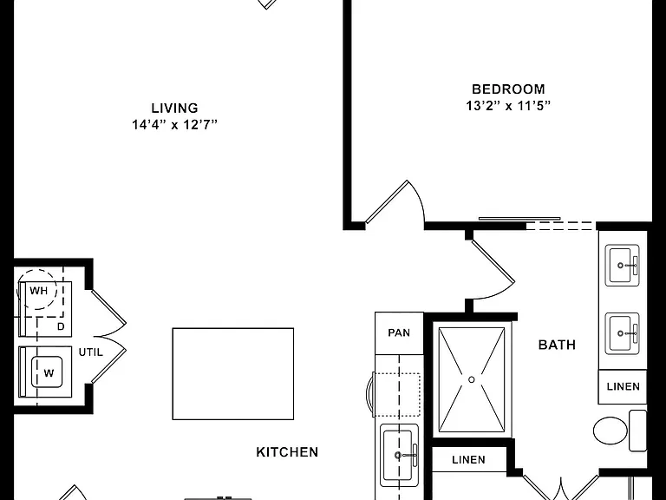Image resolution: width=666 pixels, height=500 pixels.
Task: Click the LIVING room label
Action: tap(174, 108)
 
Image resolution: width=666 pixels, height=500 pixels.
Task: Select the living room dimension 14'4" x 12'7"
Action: tap(174, 125)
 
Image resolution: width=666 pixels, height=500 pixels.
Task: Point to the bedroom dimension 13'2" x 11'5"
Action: tap(508, 106)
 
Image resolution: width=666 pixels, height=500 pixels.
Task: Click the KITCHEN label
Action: tap(287, 452)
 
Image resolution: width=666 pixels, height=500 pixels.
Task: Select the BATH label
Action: tap(557, 345)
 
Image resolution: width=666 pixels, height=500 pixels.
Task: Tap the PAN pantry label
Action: tap(399, 332)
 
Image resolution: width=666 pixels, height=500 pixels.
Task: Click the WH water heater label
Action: tap(39, 291)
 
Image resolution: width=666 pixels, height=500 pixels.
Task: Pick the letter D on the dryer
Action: tap(61, 326)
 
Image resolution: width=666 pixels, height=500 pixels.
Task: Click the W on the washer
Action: tap(49, 373)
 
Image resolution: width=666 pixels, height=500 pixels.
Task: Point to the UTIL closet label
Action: tap(90, 352)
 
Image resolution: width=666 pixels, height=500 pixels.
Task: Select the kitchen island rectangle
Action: tap(233, 374)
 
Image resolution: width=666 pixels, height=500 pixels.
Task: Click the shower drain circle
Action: tap(472, 379)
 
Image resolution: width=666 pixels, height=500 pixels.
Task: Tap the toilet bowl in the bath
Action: tap(610, 431)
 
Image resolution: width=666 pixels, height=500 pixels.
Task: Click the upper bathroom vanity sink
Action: tap(623, 266)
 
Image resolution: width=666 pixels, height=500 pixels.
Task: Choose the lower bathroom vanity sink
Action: tap(623, 333)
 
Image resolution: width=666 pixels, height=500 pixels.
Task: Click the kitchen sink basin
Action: tap(398, 456)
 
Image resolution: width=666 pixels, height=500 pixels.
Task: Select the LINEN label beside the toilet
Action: tap(624, 386)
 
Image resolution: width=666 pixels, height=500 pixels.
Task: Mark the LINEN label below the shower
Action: tap(468, 459)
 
